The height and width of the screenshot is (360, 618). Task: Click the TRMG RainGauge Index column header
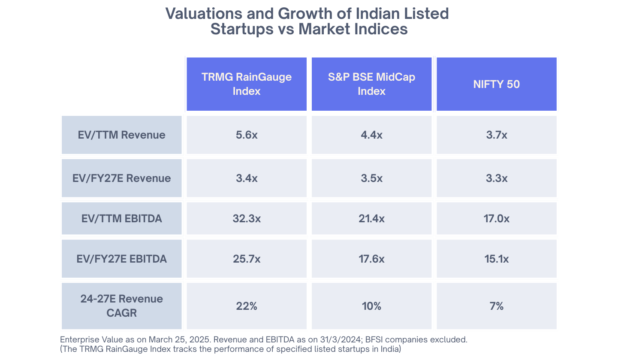pyautogui.click(x=247, y=84)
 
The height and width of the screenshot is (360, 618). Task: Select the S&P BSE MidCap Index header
pyautogui.click(x=372, y=84)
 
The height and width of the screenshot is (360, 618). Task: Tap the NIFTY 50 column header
pyautogui.click(x=497, y=84)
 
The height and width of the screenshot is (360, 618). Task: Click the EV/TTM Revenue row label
pyautogui.click(x=122, y=135)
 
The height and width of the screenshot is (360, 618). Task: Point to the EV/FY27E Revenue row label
pyautogui.click(x=122, y=178)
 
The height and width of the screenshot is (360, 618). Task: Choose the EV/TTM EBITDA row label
pyautogui.click(x=122, y=219)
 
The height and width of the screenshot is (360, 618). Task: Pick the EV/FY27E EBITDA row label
pyautogui.click(x=122, y=259)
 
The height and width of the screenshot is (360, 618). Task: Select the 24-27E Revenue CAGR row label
pyautogui.click(x=122, y=306)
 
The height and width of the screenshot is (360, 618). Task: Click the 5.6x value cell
pyautogui.click(x=247, y=135)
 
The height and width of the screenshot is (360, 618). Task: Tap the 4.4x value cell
pyautogui.click(x=372, y=135)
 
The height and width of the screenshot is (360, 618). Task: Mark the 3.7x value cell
pyautogui.click(x=497, y=135)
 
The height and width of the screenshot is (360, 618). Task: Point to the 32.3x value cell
pyautogui.click(x=247, y=219)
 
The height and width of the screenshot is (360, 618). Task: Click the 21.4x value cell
pyautogui.click(x=372, y=219)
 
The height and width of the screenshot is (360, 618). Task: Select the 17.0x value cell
pyautogui.click(x=497, y=219)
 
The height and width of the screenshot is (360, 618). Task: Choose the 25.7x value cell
pyautogui.click(x=247, y=259)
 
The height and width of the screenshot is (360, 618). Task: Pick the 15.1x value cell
pyautogui.click(x=497, y=259)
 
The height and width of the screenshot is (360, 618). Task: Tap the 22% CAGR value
pyautogui.click(x=247, y=306)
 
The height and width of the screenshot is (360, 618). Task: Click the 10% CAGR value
pyautogui.click(x=372, y=306)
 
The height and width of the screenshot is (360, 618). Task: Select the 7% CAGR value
pyautogui.click(x=497, y=306)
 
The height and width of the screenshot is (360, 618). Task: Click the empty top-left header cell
pyautogui.click(x=122, y=84)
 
